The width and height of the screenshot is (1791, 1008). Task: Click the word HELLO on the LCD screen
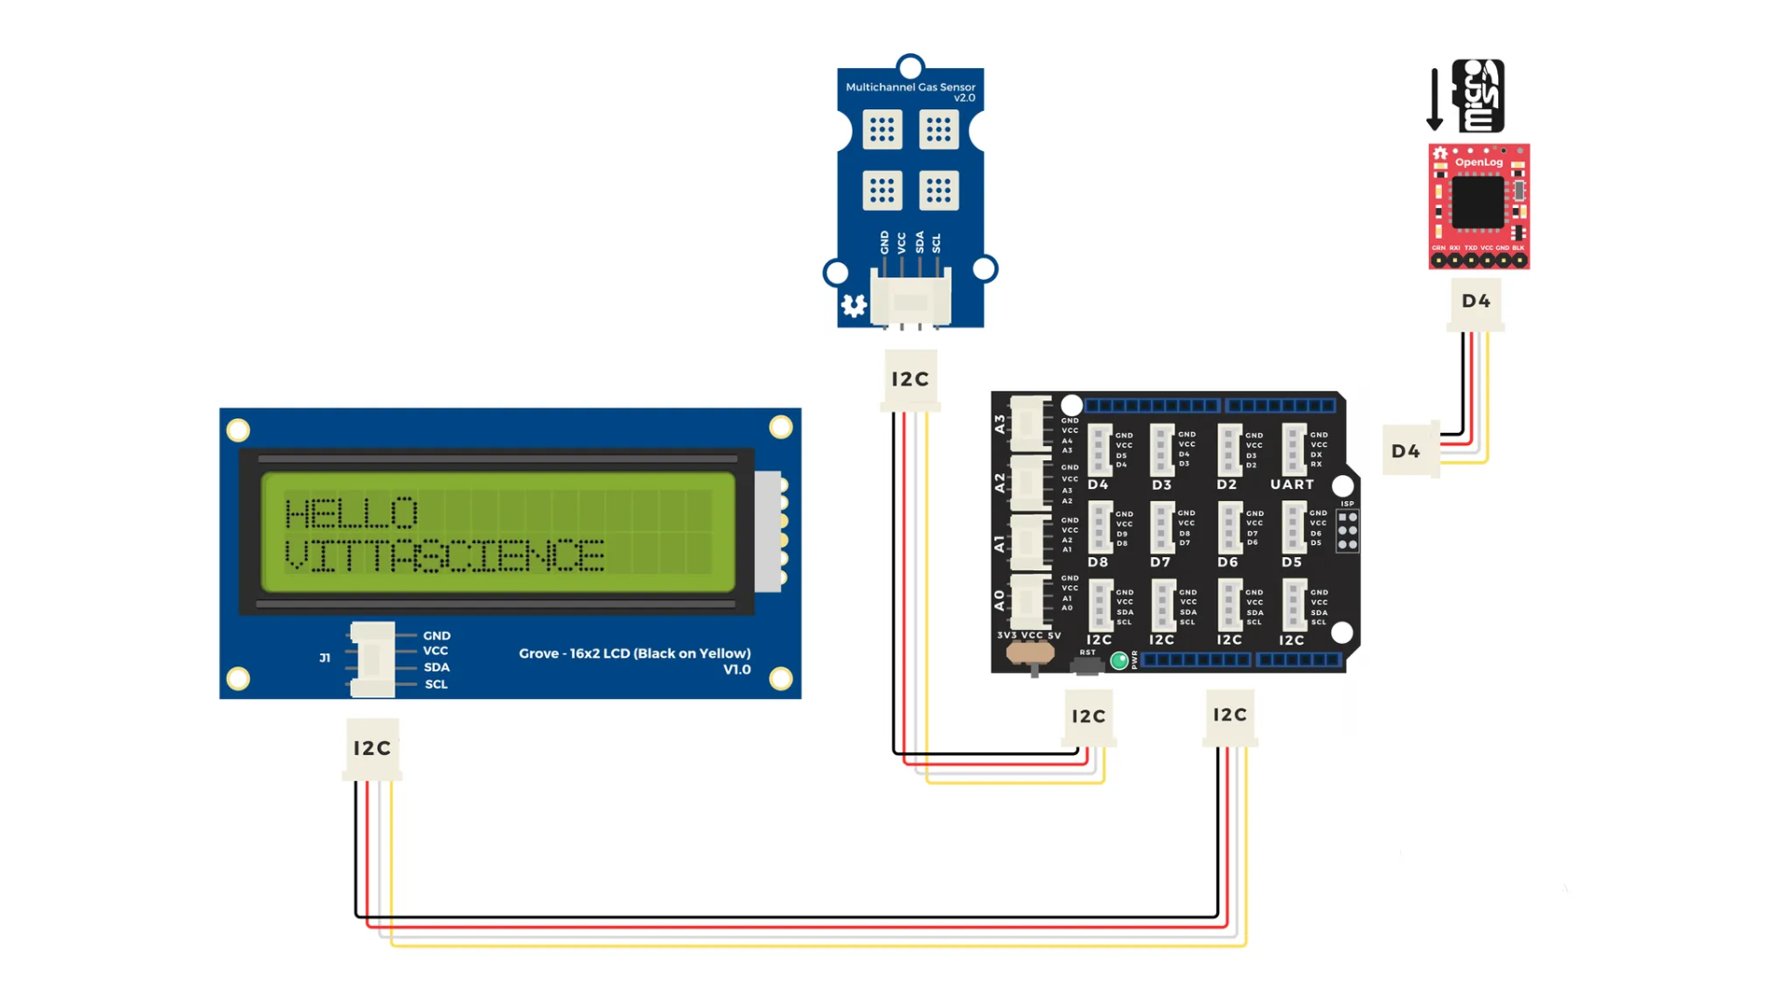click(x=351, y=513)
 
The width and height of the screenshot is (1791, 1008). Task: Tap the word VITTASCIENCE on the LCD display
click(x=444, y=555)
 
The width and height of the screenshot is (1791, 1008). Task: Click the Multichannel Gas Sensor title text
click(x=910, y=88)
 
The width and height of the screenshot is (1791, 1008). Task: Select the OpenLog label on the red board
click(x=1479, y=162)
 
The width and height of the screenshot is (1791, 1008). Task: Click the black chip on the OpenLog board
click(x=1478, y=202)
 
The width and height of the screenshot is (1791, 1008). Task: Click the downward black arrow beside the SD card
click(x=1435, y=99)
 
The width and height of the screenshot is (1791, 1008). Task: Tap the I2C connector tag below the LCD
click(x=372, y=749)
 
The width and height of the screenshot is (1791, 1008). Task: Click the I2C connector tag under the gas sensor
click(x=910, y=379)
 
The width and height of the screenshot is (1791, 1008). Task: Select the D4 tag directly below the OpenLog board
click(x=1476, y=301)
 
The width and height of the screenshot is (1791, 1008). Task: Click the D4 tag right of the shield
click(x=1406, y=452)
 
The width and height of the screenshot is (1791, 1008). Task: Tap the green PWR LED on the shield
click(x=1119, y=661)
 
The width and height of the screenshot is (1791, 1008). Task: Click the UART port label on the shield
click(x=1292, y=484)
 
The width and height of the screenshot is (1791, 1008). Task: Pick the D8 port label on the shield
click(x=1098, y=563)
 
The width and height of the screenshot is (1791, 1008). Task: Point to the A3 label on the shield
click(x=1000, y=424)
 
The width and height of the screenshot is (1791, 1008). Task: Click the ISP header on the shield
click(x=1348, y=530)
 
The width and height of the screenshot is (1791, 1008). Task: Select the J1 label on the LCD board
click(x=325, y=658)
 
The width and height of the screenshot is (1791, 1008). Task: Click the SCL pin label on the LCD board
click(x=437, y=684)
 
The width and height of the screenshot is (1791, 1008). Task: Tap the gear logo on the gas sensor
click(x=854, y=305)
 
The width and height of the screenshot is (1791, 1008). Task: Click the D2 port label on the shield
click(x=1227, y=485)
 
